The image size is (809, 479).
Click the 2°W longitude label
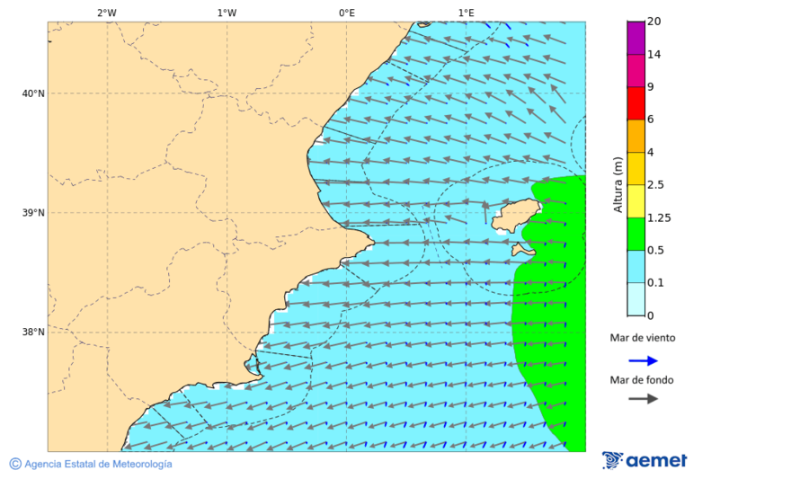pos(106,13)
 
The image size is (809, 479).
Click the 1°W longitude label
pos(227,13)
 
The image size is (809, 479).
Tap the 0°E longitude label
pos(346,13)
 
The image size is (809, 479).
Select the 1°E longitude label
pos(466,13)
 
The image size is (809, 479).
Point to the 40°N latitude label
pos(32,93)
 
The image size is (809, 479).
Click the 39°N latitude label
pos(32,213)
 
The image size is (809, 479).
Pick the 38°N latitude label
pos(32,333)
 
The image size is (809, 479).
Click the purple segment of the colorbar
pos(636,38)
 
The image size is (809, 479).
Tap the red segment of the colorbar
pos(636,103)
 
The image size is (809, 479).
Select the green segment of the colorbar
pos(636,234)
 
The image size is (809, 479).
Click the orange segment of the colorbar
pos(636,136)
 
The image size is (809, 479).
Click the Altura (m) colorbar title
pos(618,184)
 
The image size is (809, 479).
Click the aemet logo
pos(645,460)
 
